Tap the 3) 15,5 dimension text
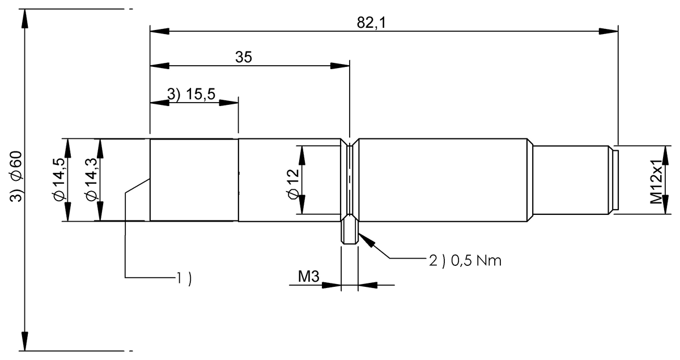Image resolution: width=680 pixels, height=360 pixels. point(192,94)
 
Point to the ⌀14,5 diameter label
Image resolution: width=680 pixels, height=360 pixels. point(58,180)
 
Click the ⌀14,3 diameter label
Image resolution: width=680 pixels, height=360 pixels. point(91,180)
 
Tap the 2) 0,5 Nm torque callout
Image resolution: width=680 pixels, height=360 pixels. point(465,261)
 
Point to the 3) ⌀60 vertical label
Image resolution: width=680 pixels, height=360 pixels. point(16,176)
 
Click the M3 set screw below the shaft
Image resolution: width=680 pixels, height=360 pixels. point(350,230)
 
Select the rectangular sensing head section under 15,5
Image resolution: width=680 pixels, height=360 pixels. point(194,180)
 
